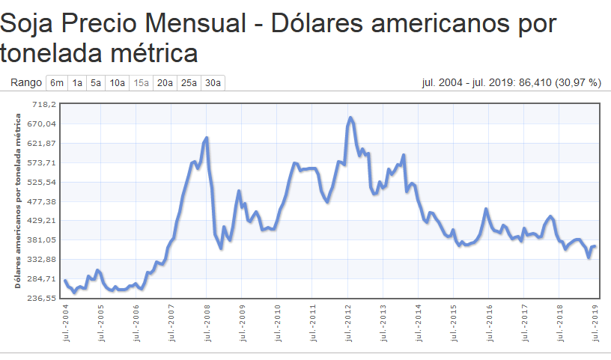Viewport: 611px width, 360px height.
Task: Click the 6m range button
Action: point(57,83)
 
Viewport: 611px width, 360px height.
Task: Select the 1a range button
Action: point(77,83)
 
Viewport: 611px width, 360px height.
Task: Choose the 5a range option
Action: point(96,83)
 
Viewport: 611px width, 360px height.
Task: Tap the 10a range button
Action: point(118,83)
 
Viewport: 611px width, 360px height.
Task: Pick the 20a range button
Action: point(165,83)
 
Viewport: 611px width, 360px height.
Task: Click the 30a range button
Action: point(213,83)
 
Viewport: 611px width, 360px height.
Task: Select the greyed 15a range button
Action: point(142,83)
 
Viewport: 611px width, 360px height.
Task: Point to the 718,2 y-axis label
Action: point(43,105)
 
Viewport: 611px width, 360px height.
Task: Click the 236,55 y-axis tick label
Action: point(42,298)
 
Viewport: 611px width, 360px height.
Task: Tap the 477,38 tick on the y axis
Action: point(42,201)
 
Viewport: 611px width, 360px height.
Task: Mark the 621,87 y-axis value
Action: point(42,144)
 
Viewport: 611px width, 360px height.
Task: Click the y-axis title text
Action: point(17,201)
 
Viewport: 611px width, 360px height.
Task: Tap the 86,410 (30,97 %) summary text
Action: point(559,83)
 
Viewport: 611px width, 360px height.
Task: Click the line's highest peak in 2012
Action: point(350,118)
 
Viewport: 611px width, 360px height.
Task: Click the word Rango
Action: point(26,83)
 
